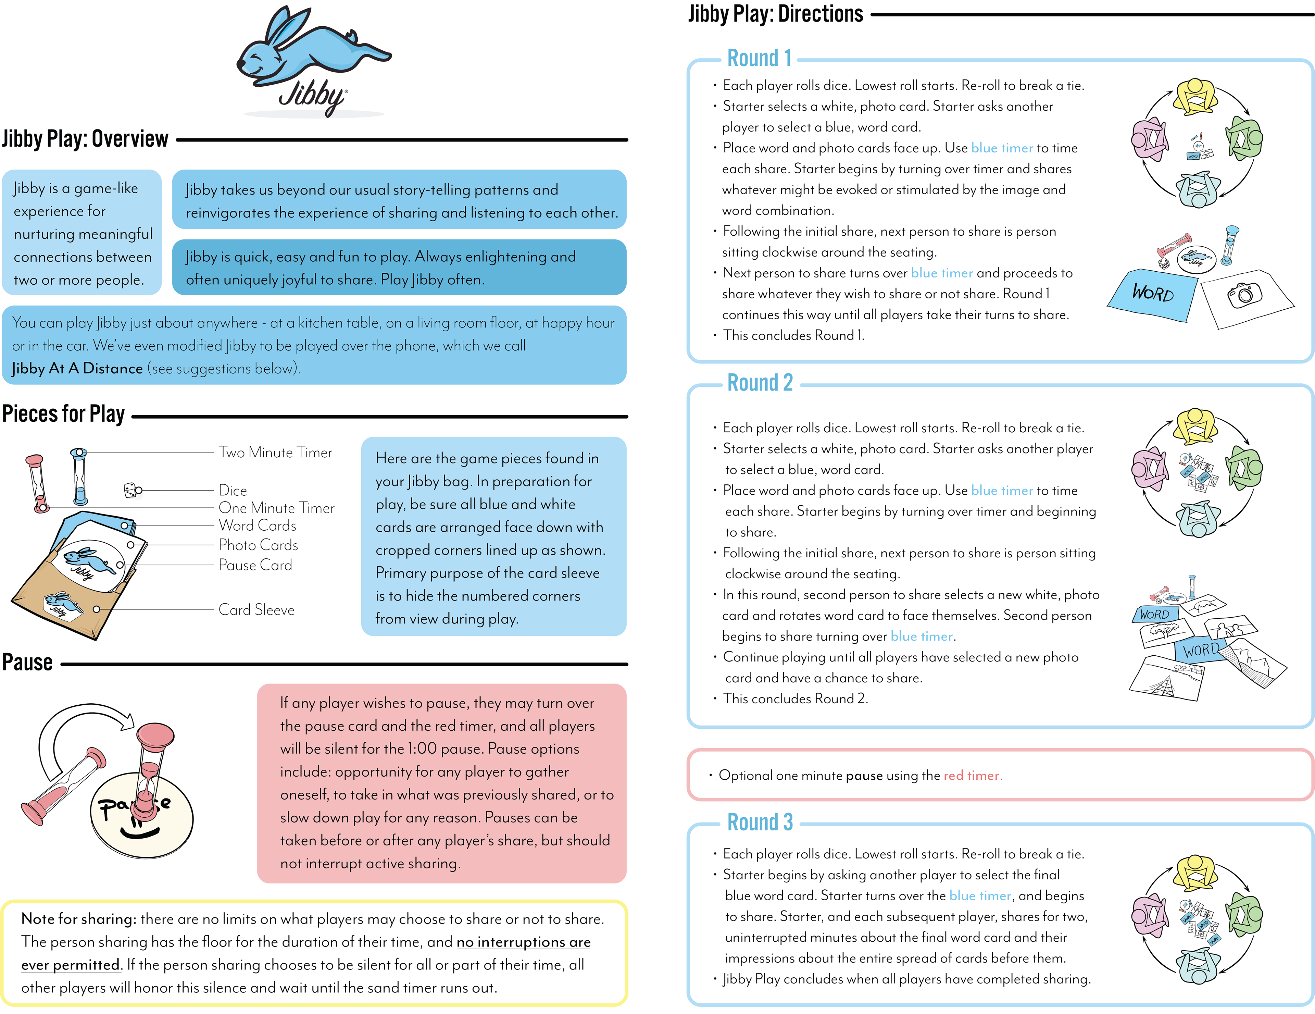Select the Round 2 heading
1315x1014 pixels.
click(760, 383)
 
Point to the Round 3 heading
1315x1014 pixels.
click(760, 823)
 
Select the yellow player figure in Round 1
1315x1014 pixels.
click(1195, 96)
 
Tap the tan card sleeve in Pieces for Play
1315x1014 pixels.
click(66, 596)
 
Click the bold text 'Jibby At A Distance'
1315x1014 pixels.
click(77, 369)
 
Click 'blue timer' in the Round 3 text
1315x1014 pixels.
click(980, 896)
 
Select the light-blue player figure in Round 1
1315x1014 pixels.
click(1197, 190)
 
